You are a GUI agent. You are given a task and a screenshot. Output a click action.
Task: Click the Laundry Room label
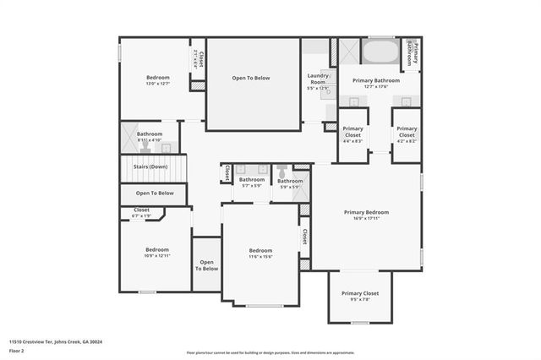click(x=318, y=79)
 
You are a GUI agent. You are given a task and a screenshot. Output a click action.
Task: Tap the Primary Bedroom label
click(x=366, y=212)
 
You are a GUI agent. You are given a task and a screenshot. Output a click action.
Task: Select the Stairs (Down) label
click(x=150, y=166)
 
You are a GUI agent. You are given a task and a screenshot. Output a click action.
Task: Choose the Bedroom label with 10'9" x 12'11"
click(x=156, y=249)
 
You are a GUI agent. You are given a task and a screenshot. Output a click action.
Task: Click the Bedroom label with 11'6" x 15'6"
click(x=260, y=250)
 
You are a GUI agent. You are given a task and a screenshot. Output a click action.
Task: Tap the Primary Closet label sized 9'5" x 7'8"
click(x=360, y=293)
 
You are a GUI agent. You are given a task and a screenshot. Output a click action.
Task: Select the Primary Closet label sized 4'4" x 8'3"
click(x=353, y=131)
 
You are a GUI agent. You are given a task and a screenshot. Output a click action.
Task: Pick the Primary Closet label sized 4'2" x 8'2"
click(x=407, y=131)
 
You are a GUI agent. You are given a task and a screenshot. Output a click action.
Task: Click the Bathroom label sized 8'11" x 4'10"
click(x=150, y=134)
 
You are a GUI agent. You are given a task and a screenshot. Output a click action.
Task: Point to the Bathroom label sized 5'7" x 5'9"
click(x=251, y=179)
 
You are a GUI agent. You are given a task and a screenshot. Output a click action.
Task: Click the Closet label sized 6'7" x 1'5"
click(x=141, y=210)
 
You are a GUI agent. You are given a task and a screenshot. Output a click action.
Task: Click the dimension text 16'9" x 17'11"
click(x=366, y=218)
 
